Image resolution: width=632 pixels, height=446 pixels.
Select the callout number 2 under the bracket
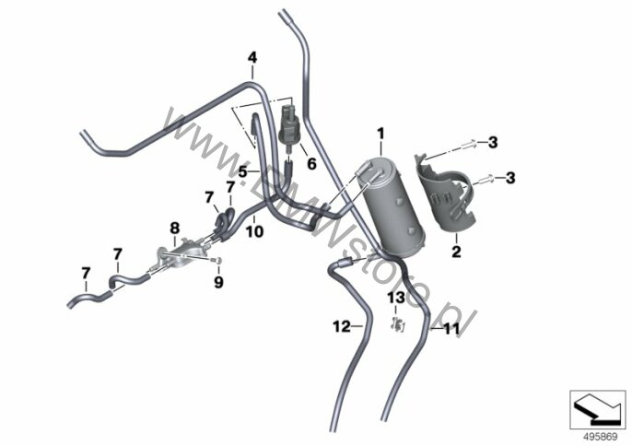[456, 249]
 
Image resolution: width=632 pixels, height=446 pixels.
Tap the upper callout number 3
[494, 142]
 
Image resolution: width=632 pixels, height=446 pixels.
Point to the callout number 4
[252, 57]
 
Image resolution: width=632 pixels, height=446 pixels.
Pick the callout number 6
[310, 164]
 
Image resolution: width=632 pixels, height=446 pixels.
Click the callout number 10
[254, 232]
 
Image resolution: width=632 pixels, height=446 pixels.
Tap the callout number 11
[451, 328]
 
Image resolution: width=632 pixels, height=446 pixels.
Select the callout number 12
[342, 325]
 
